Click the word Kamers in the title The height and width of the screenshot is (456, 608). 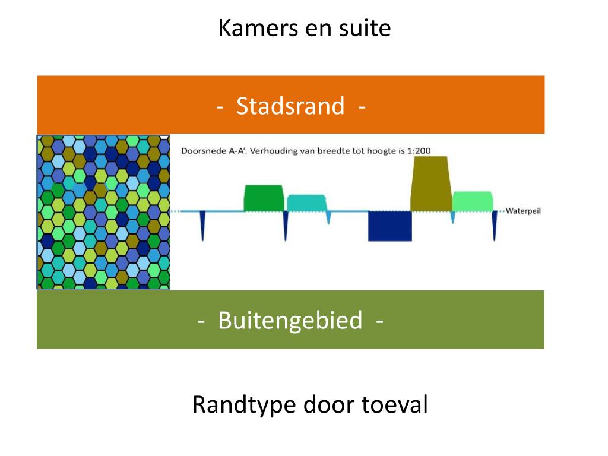[248, 28]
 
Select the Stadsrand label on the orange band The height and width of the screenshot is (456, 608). [290, 106]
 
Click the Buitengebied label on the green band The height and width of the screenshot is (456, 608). [290, 321]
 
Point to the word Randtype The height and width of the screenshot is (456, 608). [244, 406]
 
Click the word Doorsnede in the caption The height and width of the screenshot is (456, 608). [201, 151]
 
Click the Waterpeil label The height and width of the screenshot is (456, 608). [523, 211]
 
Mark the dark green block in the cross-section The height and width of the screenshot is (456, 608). [264, 198]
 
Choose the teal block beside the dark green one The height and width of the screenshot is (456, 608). [306, 202]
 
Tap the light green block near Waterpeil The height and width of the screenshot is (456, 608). [472, 201]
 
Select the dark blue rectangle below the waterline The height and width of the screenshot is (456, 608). [389, 226]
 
